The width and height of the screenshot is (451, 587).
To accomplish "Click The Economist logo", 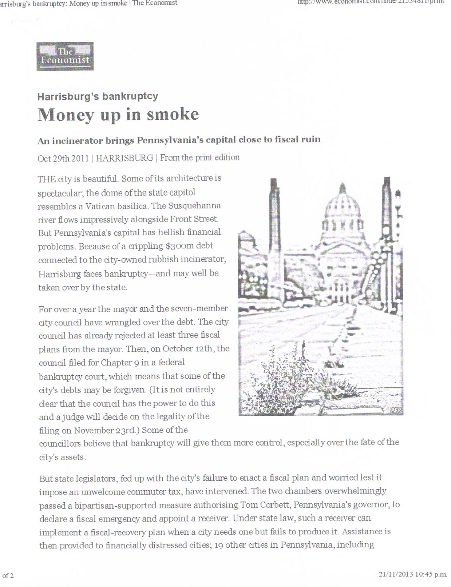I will pyautogui.click(x=65, y=56).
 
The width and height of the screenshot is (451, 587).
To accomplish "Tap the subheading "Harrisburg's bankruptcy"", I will pyautogui.click(x=98, y=96).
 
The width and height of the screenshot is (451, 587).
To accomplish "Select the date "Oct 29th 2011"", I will pyautogui.click(x=63, y=158).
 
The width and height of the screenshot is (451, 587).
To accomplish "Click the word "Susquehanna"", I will pyautogui.click(x=194, y=206).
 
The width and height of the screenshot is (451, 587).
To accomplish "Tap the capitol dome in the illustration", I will pyautogui.click(x=342, y=207).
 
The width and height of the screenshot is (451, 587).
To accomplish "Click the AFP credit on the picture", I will pyautogui.click(x=396, y=410).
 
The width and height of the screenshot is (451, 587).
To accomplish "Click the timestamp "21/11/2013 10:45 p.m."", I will pyautogui.click(x=412, y=574).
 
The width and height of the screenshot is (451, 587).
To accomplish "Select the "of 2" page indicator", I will pyautogui.click(x=8, y=576).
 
